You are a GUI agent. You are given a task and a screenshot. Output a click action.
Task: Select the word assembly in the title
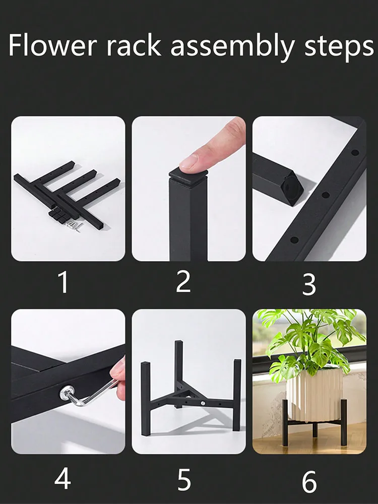point(232,47)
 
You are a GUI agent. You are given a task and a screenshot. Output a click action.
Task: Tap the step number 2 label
point(183,282)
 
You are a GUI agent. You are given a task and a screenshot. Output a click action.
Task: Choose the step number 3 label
point(309,284)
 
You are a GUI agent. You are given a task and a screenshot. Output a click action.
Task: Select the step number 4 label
point(62,479)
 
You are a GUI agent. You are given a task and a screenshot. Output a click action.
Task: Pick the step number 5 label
point(184,480)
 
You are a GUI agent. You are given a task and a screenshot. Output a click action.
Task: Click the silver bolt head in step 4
point(67,393)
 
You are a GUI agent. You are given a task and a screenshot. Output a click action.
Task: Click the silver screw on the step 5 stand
point(203,403)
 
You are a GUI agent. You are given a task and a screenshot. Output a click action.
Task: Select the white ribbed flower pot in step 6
point(314,394)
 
